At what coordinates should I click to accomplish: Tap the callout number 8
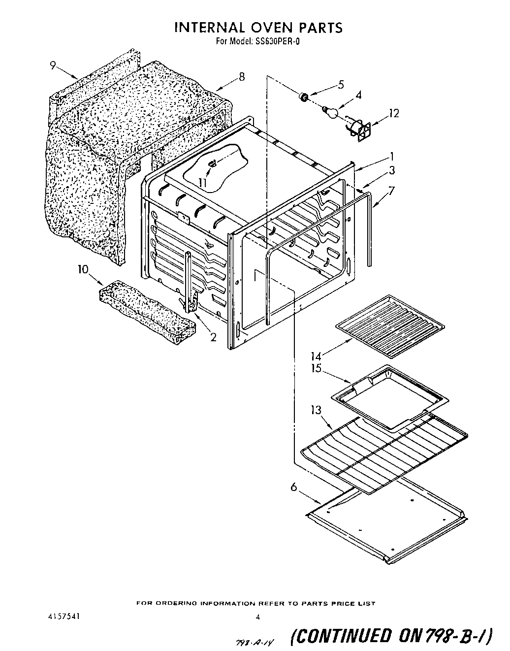tap(241, 77)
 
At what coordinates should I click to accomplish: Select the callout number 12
tap(393, 113)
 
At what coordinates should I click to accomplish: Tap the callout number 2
tap(213, 337)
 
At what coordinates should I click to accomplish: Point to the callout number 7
tap(392, 191)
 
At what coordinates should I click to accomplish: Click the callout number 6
tap(294, 487)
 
